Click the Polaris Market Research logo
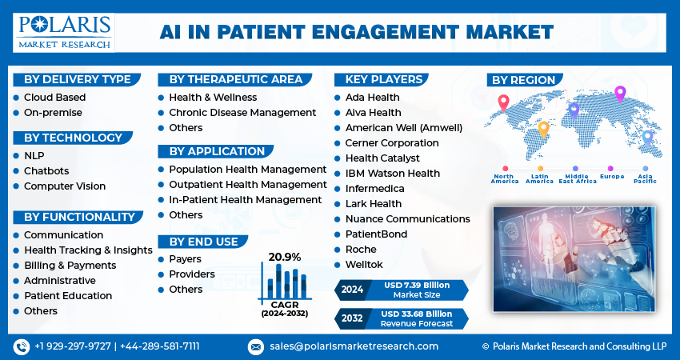[64, 31]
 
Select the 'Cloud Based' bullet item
[54, 98]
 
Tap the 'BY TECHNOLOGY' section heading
[73, 138]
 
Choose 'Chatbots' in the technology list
[46, 171]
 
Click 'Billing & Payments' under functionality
[70, 266]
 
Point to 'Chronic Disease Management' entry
[242, 113]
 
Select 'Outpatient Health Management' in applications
[247, 185]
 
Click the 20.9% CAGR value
[285, 257]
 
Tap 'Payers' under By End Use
[186, 259]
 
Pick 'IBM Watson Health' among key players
[393, 174]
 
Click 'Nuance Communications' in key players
[407, 219]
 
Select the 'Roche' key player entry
[362, 250]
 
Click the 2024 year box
[352, 290]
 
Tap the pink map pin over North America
[503, 102]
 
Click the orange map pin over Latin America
[543, 129]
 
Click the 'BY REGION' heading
[523, 81]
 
